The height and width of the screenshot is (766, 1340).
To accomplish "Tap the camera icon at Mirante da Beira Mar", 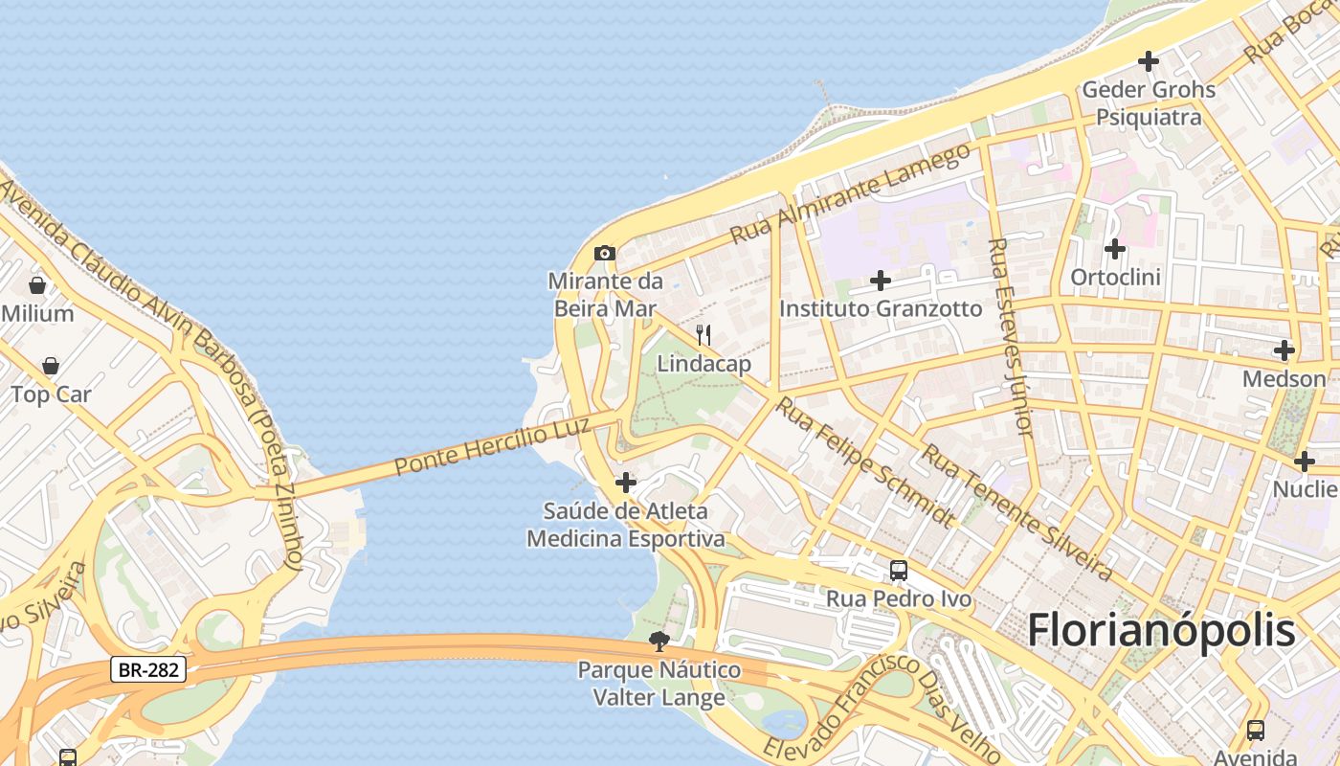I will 604,254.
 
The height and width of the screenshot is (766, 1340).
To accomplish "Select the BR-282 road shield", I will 147,669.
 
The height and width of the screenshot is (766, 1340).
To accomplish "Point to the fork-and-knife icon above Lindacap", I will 703,335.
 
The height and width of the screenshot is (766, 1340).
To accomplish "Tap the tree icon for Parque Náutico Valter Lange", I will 658,641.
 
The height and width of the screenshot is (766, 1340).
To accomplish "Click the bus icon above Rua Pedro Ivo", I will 899,571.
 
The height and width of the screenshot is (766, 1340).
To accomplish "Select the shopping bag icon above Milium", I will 37,285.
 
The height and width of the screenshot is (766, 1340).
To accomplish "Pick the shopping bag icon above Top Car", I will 51,366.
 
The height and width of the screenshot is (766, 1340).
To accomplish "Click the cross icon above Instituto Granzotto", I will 880,281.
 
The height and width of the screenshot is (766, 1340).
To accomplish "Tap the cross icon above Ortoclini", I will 1114,249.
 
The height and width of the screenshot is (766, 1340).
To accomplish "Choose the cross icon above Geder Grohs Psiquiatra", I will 1148,61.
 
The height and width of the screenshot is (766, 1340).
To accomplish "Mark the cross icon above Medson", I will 1284,350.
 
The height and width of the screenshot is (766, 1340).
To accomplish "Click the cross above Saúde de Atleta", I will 625,482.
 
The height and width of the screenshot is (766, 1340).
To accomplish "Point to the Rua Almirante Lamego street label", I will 849,194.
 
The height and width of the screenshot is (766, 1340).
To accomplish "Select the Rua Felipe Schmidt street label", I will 865,462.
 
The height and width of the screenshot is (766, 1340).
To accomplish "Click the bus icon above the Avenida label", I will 1256,731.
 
